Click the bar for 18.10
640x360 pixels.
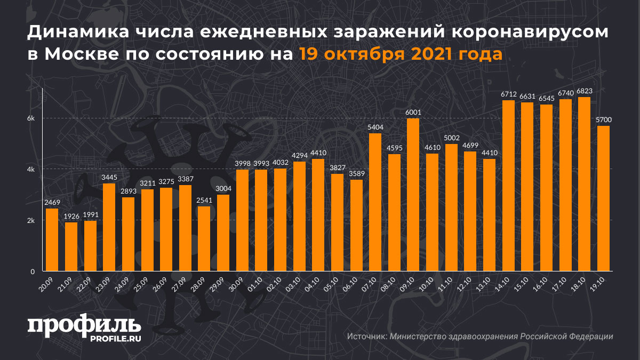[x=584, y=184]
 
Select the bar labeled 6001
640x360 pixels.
[x=413, y=195]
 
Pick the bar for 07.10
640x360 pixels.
[x=375, y=202]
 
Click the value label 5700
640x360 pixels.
[x=603, y=121]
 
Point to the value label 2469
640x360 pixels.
[x=52, y=203]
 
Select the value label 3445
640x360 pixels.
[x=109, y=178]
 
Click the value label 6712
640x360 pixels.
[x=508, y=94]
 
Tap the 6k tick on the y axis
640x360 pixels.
[x=31, y=118]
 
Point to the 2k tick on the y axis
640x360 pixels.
[x=31, y=221]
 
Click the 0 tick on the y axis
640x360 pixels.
[x=33, y=272]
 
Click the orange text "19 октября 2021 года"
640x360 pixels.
[x=400, y=54]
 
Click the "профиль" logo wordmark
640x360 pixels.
[x=84, y=325]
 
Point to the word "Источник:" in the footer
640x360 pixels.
[x=367, y=337]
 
